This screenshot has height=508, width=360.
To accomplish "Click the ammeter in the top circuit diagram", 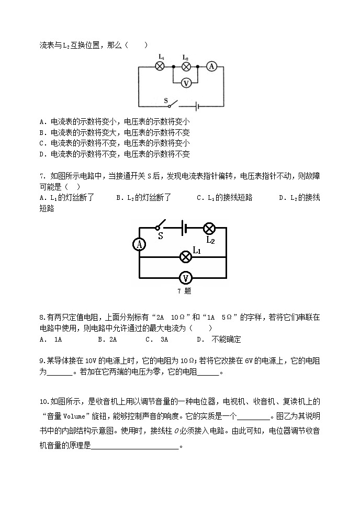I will coord(211,66).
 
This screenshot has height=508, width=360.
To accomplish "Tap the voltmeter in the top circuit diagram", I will coord(185,82).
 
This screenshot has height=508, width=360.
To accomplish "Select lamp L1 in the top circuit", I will coord(161,66).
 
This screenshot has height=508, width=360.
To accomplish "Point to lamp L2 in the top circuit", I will coord(185,66).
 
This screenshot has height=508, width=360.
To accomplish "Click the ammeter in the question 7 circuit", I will coord(139,244).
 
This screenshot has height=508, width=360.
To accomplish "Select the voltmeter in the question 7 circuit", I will coord(184,278).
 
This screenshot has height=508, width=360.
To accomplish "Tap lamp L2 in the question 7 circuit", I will coord(209,228).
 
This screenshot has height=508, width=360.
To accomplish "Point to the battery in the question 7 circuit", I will coord(183,228).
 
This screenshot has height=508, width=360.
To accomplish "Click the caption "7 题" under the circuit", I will coord(184,291).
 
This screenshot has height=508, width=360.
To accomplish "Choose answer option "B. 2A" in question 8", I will coord(107,340).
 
